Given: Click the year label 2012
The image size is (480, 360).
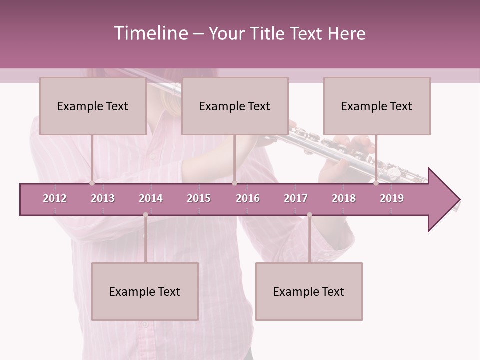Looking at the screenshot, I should (x=55, y=198).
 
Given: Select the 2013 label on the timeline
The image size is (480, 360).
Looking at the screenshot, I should (x=103, y=198).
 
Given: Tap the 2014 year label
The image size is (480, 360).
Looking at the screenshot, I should (x=151, y=198).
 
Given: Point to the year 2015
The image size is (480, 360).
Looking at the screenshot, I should (x=199, y=198).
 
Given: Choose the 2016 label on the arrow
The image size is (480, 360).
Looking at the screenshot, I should (x=248, y=198).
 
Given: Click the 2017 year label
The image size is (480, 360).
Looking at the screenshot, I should (x=296, y=198).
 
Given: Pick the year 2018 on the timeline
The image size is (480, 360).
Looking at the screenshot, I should (x=344, y=198).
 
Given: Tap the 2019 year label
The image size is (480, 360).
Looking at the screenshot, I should (x=392, y=198).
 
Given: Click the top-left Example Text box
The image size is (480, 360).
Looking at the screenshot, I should (x=93, y=106).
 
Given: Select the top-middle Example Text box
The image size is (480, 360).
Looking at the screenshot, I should (x=235, y=106).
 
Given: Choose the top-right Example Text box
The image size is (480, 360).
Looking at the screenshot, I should (x=377, y=106).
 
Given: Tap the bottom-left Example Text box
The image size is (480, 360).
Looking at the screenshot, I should (x=145, y=291).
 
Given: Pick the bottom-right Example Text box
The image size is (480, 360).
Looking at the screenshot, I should (x=309, y=291).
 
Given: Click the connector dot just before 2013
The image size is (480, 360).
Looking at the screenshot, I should (x=92, y=183).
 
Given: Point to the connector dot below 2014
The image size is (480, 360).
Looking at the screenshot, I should (x=145, y=215).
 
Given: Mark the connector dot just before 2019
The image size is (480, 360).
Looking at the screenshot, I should (x=376, y=183).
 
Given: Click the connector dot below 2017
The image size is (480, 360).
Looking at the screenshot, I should (x=309, y=215).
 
